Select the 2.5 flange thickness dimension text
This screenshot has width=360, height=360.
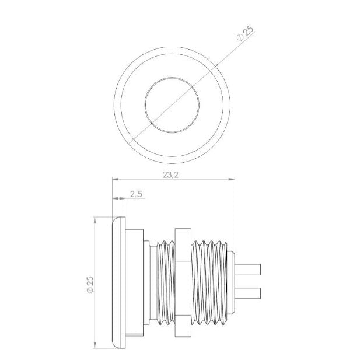tap(137, 194)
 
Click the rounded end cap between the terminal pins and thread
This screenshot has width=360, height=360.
tap(232, 281)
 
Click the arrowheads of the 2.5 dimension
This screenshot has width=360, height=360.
tap(118, 199)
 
